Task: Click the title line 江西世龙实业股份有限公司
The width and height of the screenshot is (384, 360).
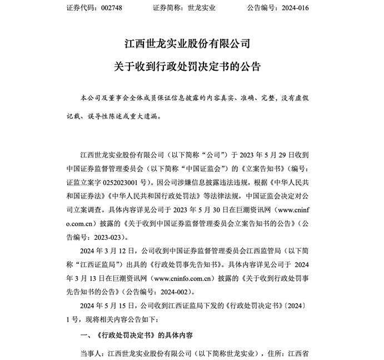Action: pyautogui.click(x=192, y=43)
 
